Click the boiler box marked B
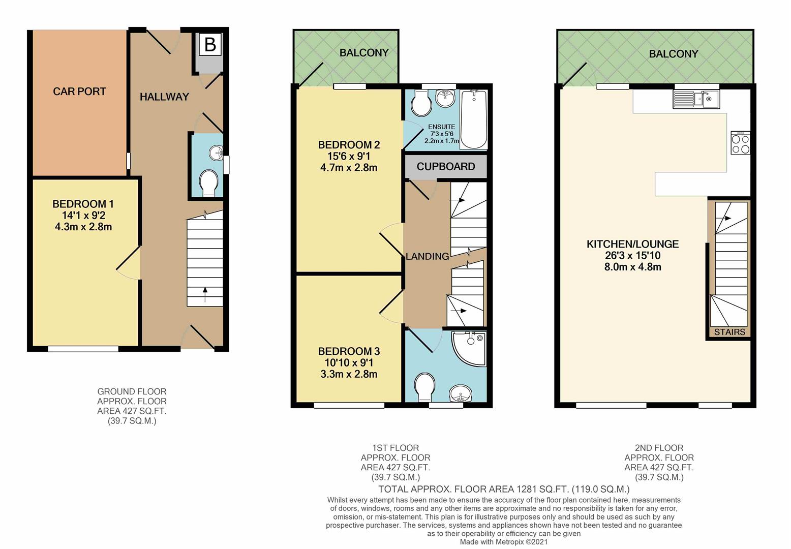tap(209, 45)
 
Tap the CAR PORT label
tap(79, 91)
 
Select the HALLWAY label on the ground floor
tap(164, 97)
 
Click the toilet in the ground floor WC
tap(208, 183)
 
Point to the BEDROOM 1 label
tap(83, 204)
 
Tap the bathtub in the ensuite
tap(473, 119)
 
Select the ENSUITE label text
tap(441, 127)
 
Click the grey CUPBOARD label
tap(446, 167)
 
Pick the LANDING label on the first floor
tap(427, 257)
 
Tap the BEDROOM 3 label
tap(349, 351)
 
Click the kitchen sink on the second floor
tap(695, 99)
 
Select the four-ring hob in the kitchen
tap(740, 143)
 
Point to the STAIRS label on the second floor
tap(729, 332)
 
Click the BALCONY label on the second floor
tap(673, 54)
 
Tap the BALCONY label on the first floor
tap(364, 52)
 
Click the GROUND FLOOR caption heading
tap(132, 391)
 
